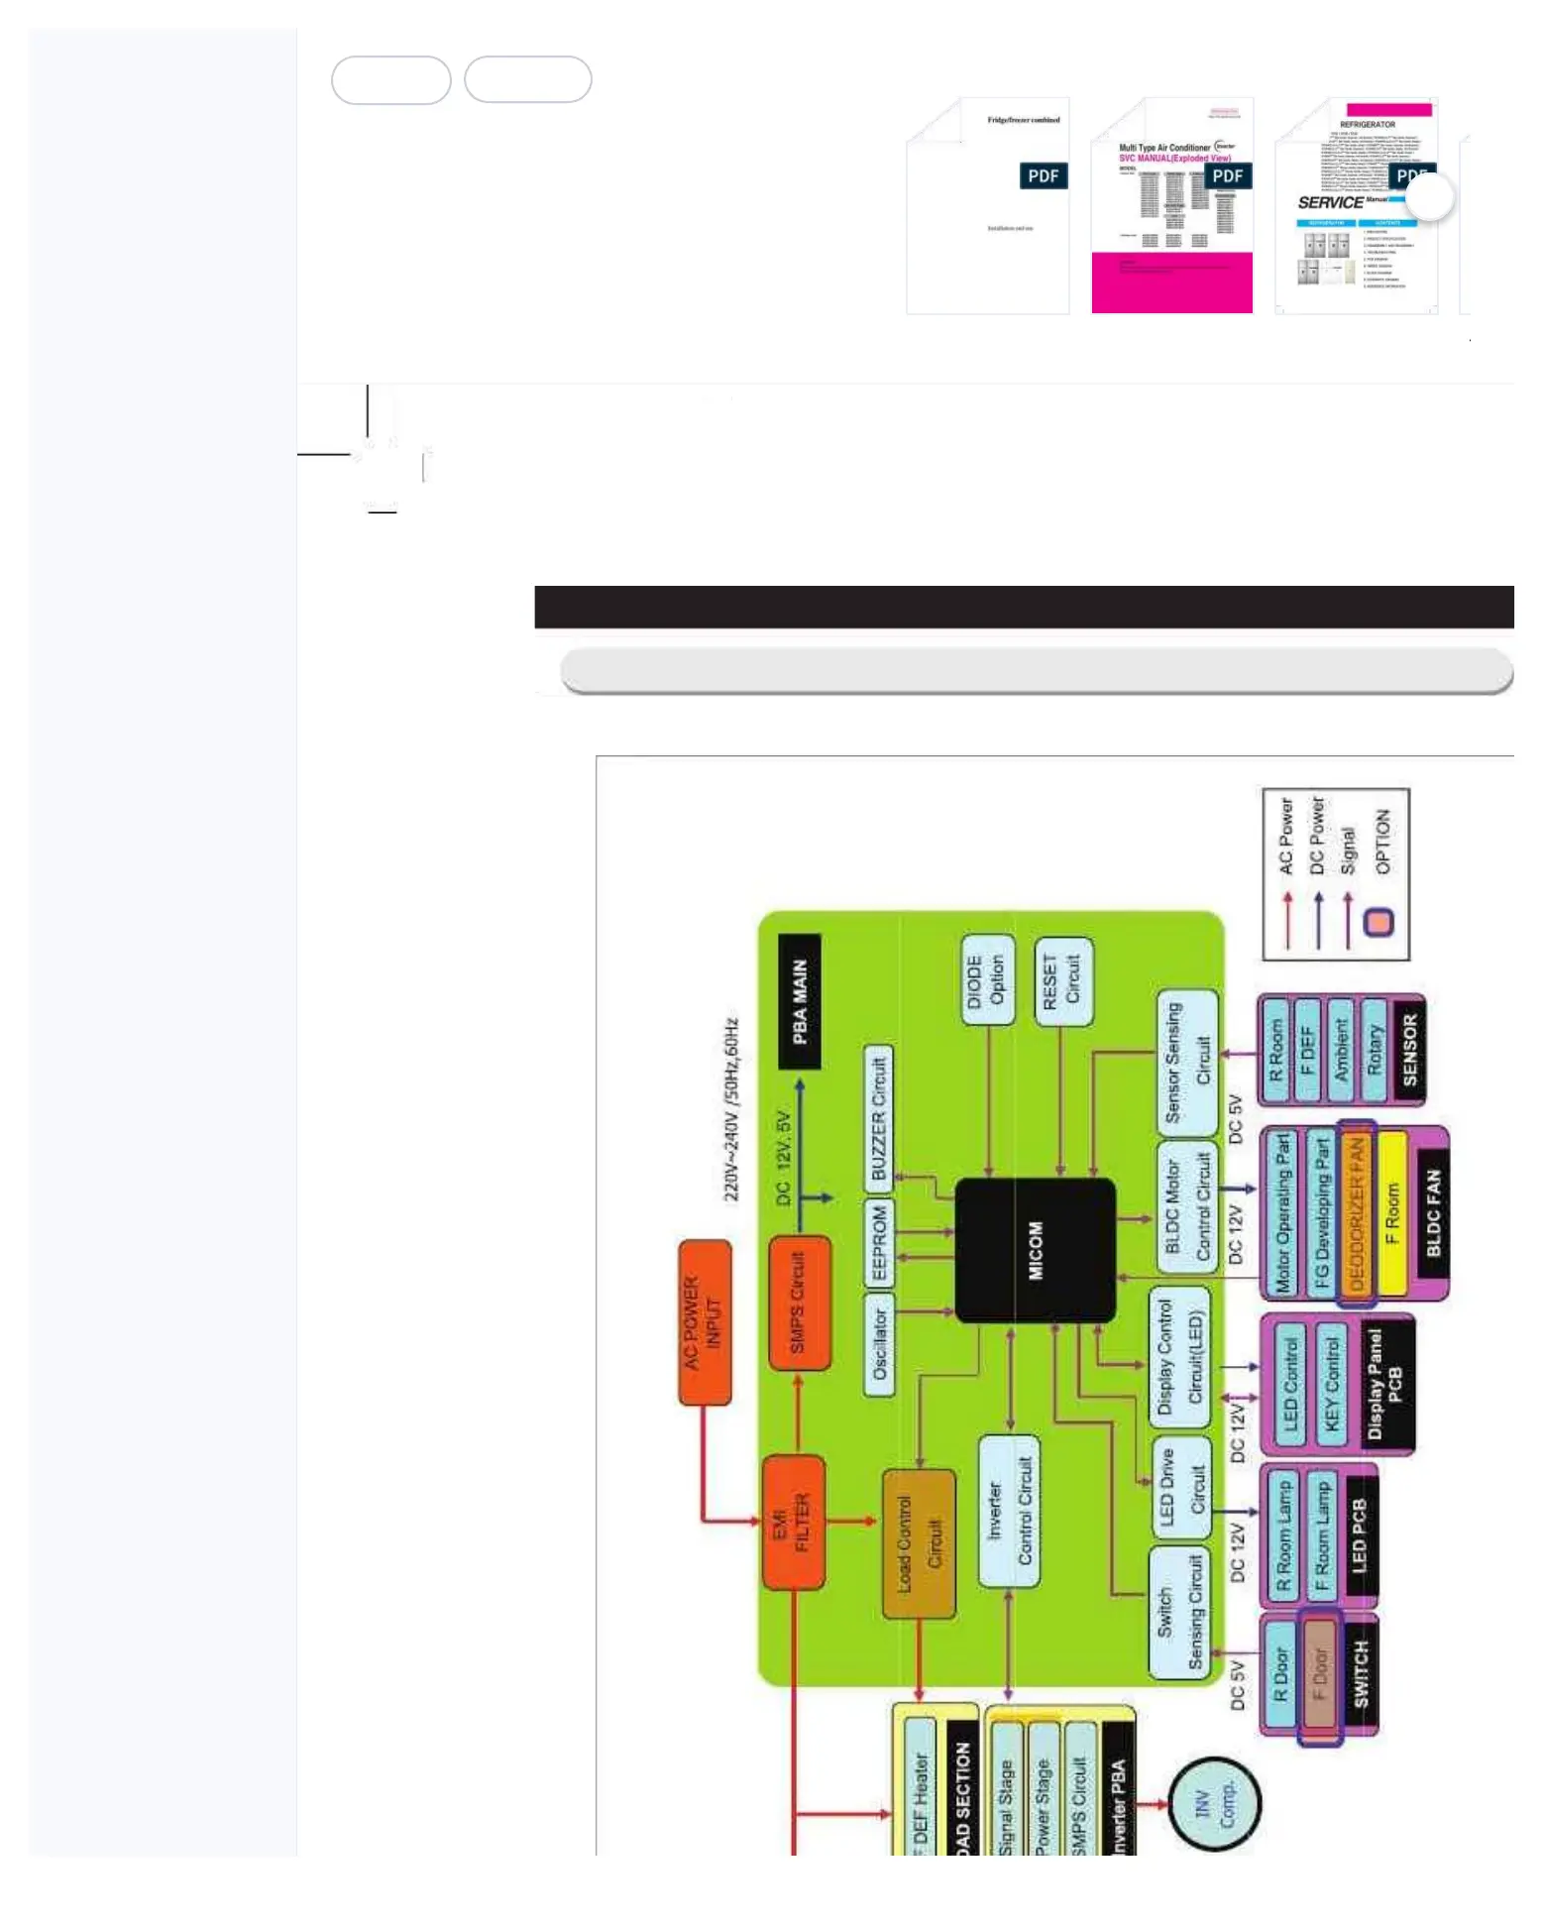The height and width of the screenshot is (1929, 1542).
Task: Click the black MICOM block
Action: pos(1034,1249)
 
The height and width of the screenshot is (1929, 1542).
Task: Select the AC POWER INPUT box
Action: pos(705,1321)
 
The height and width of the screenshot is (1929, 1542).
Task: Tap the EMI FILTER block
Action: pos(793,1522)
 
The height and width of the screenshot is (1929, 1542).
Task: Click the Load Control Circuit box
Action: pos(919,1543)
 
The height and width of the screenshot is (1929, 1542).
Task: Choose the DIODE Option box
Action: pos(987,979)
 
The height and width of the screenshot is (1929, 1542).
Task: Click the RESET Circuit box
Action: pos(1061,980)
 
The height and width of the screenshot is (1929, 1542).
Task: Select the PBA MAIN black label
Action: pos(800,1001)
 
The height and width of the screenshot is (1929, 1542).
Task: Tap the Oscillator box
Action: pos(879,1344)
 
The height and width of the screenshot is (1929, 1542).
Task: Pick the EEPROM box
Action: pos(879,1243)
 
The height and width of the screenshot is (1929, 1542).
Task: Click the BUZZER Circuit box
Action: pos(878,1118)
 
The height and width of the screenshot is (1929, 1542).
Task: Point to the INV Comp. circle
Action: pos(1214,1803)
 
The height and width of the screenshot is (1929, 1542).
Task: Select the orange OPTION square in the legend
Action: pos(1378,923)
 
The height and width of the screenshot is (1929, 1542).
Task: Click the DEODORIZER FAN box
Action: pos(1357,1211)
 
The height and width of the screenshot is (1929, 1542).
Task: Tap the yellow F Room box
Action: pos(1392,1213)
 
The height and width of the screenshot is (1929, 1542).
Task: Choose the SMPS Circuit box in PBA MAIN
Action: pos(799,1302)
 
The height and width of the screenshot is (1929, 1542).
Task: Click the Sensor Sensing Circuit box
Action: pos(1187,1062)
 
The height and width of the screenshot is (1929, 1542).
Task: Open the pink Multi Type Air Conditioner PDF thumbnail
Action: pos(1171,206)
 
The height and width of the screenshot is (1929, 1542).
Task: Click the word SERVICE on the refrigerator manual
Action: pos(1330,202)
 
